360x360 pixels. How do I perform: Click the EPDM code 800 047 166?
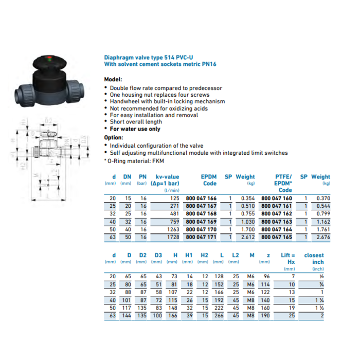[201, 199]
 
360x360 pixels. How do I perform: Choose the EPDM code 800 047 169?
[201, 221]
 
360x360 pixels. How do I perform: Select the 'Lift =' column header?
[289, 255]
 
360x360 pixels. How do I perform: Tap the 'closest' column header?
[314, 255]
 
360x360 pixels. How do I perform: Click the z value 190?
[265, 316]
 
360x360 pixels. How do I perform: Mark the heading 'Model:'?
[113, 80]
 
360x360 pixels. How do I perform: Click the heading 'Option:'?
[114, 138]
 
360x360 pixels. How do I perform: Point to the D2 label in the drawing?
[48, 120]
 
